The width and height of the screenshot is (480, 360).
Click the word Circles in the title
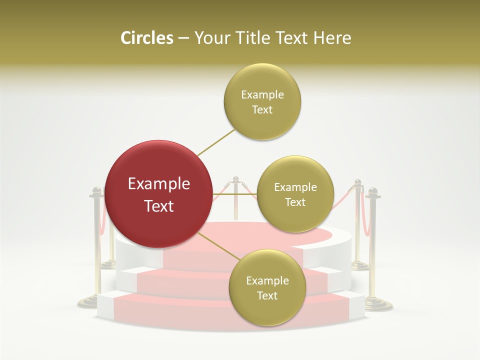[x=146, y=38]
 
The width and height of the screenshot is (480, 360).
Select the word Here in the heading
[x=332, y=38]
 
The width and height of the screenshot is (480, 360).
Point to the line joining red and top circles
[x=216, y=142]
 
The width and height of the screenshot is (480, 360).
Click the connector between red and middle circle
[x=234, y=194]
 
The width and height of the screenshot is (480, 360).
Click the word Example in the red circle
[x=158, y=184]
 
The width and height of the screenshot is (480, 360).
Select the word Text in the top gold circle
[x=262, y=110]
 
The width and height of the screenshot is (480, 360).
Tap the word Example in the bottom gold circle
[x=267, y=280]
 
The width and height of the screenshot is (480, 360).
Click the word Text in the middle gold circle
[x=295, y=202]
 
